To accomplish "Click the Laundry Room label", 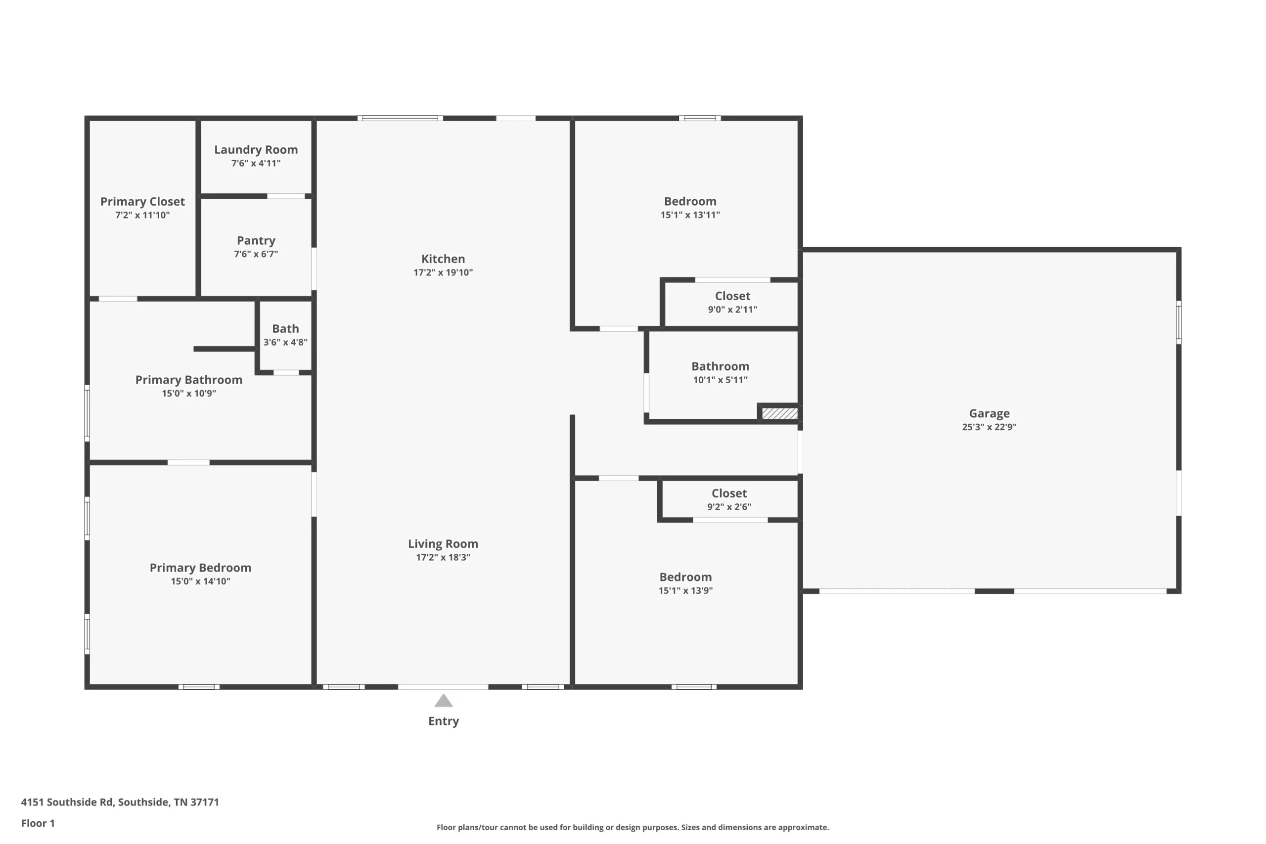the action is click(x=256, y=150).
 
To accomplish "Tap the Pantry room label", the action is click(x=256, y=241).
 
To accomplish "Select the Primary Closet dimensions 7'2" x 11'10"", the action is click(x=142, y=215).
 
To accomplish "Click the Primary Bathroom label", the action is click(x=189, y=379).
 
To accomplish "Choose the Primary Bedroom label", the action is click(x=200, y=567).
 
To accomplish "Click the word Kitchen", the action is click(x=443, y=259).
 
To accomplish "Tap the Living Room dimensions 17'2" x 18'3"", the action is click(x=443, y=558).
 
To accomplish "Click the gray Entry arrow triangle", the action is click(x=444, y=701).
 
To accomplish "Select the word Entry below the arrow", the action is click(x=444, y=721).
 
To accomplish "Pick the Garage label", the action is click(x=990, y=413).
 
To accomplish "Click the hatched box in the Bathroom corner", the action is click(x=780, y=413).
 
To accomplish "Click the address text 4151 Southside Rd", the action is click(x=67, y=802).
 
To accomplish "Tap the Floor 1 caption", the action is click(x=38, y=823).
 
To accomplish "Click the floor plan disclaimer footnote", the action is click(x=633, y=827).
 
